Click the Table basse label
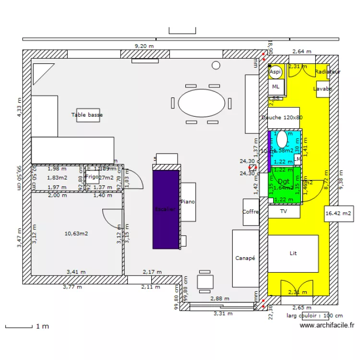[x=87, y=115]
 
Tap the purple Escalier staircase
[x=166, y=209]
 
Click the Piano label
[x=188, y=202]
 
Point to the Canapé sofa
[x=245, y=258]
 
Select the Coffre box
[x=251, y=212]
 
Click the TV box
[x=283, y=211]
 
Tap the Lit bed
[x=293, y=253]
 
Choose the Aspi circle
[x=276, y=72]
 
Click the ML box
[x=276, y=87]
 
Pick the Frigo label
[x=92, y=177]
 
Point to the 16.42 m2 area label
[x=338, y=213]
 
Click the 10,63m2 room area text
[x=76, y=234]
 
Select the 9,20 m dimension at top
[x=144, y=46]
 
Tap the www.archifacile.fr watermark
[x=327, y=325]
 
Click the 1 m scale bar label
[x=42, y=327]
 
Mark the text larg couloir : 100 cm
[x=314, y=315]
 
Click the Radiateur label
[x=328, y=72]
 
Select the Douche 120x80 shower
[x=282, y=118]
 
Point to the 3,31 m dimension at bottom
[x=223, y=313]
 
